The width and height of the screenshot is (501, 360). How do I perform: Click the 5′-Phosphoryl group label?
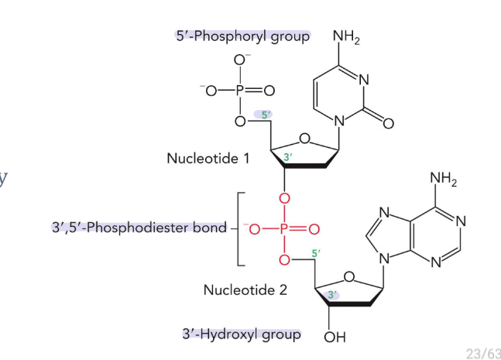(242, 36)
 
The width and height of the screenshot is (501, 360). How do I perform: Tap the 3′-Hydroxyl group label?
(241, 334)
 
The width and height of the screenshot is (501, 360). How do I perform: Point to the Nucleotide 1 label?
(208, 158)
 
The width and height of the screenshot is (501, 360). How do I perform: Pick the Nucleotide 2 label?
(245, 290)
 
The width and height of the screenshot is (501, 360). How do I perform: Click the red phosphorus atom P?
(284, 228)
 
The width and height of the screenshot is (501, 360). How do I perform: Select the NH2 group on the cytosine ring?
(346, 36)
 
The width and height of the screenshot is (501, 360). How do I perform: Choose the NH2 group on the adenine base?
(444, 180)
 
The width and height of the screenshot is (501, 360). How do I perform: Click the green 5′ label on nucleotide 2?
(315, 252)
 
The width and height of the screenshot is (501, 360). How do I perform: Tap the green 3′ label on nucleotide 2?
(331, 294)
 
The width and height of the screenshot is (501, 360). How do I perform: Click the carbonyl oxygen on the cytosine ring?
(388, 122)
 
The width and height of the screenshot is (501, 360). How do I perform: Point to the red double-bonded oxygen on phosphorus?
(314, 228)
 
